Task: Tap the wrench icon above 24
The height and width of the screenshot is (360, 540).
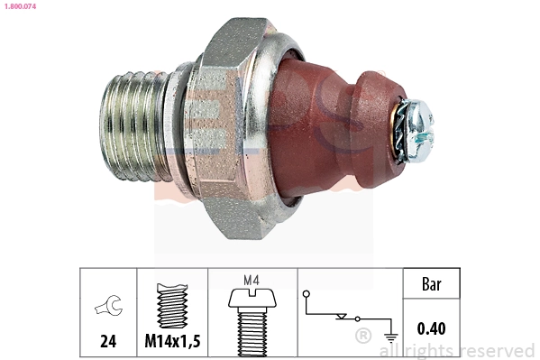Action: tap(107, 308)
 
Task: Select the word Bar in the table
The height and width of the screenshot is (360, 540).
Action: tap(432, 284)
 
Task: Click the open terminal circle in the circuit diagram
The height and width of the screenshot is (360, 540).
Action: tap(307, 294)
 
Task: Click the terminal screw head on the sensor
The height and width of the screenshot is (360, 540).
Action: tap(418, 117)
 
